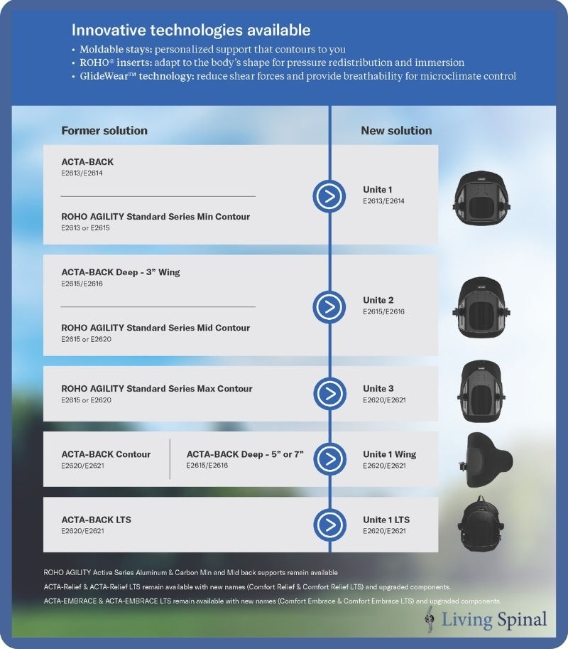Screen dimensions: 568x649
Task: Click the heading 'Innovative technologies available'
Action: click(191, 31)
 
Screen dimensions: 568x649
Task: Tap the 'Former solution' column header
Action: click(104, 130)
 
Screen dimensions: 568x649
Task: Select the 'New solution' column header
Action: click(396, 130)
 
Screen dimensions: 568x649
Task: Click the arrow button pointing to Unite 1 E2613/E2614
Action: click(329, 195)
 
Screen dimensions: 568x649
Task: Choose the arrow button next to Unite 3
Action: click(329, 394)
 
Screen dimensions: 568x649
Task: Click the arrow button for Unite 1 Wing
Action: click(329, 459)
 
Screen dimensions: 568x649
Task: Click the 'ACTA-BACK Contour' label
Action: click(106, 454)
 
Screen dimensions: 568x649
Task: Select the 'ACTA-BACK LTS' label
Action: click(97, 520)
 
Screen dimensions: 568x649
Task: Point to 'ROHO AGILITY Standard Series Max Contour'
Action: click(157, 389)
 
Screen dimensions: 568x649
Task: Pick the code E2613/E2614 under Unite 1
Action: click(384, 201)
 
